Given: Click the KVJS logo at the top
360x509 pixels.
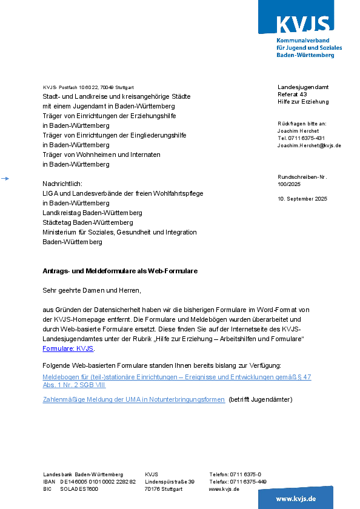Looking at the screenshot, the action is tap(303, 24).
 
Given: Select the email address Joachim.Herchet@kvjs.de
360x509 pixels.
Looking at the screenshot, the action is tap(309, 145).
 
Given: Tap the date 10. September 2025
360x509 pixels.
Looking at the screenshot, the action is tap(302, 199).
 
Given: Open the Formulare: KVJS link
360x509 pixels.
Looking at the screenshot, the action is tap(68, 349).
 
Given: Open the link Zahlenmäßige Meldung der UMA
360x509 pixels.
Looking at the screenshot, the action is tap(133, 399).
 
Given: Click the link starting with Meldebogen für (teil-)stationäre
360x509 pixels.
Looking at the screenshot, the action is tap(176, 377).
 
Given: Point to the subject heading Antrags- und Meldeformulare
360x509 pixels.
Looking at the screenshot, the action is tap(120, 271).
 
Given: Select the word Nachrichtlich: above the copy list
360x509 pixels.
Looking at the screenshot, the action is tap(62, 184).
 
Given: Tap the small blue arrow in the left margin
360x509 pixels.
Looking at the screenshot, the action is tap(5, 178).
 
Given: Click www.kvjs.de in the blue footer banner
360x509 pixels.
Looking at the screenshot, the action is tap(296, 498).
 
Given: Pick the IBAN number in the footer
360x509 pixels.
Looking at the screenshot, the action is tap(98, 482).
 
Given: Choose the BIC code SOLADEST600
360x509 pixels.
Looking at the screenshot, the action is tap(79, 489).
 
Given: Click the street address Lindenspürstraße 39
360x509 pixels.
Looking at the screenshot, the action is tap(169, 482).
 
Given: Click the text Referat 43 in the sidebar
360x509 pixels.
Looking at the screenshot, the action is tap(292, 95).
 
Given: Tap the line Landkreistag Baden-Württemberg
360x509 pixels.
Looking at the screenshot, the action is tap(92, 213).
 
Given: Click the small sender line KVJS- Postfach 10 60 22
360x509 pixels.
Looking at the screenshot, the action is tap(88, 87).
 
